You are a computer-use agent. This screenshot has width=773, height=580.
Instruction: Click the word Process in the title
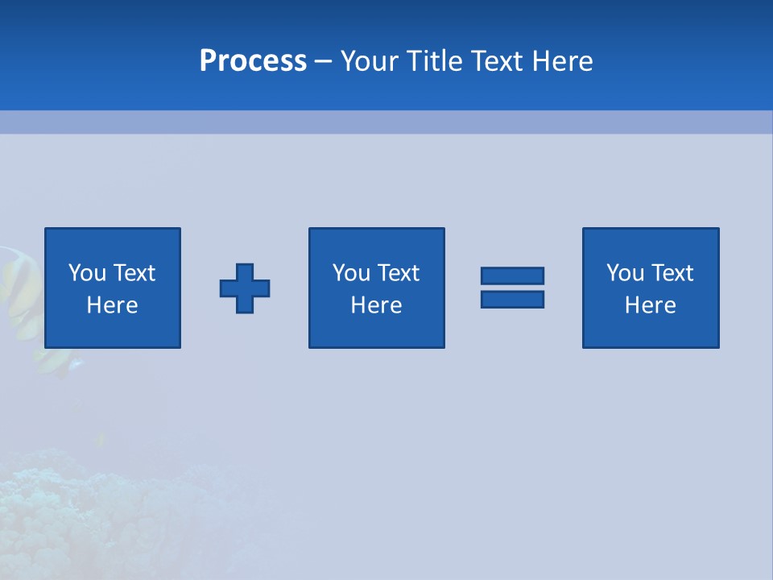point(253,61)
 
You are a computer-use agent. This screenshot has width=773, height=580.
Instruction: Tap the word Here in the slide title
point(561,61)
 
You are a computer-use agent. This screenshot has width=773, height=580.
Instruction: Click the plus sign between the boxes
point(245,288)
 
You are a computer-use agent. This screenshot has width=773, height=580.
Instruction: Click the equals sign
point(512,288)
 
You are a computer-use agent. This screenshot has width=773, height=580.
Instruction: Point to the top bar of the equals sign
point(512,276)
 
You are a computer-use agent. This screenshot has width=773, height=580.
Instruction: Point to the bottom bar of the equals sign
point(512,299)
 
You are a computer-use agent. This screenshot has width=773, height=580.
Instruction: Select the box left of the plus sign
point(113,288)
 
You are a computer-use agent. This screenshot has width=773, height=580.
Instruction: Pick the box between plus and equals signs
point(376,288)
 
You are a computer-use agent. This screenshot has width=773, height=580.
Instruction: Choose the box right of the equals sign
point(651,288)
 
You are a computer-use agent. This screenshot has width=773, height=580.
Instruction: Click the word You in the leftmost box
point(87,273)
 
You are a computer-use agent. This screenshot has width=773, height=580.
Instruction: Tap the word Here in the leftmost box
point(113,305)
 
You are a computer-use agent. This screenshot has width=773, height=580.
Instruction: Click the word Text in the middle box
point(398,273)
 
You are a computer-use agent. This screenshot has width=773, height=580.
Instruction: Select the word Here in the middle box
point(376,305)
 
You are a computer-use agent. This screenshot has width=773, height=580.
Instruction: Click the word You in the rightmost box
point(625,273)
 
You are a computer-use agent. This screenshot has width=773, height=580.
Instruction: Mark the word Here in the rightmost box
point(651,305)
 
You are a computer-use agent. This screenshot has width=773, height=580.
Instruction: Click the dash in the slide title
point(323,61)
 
